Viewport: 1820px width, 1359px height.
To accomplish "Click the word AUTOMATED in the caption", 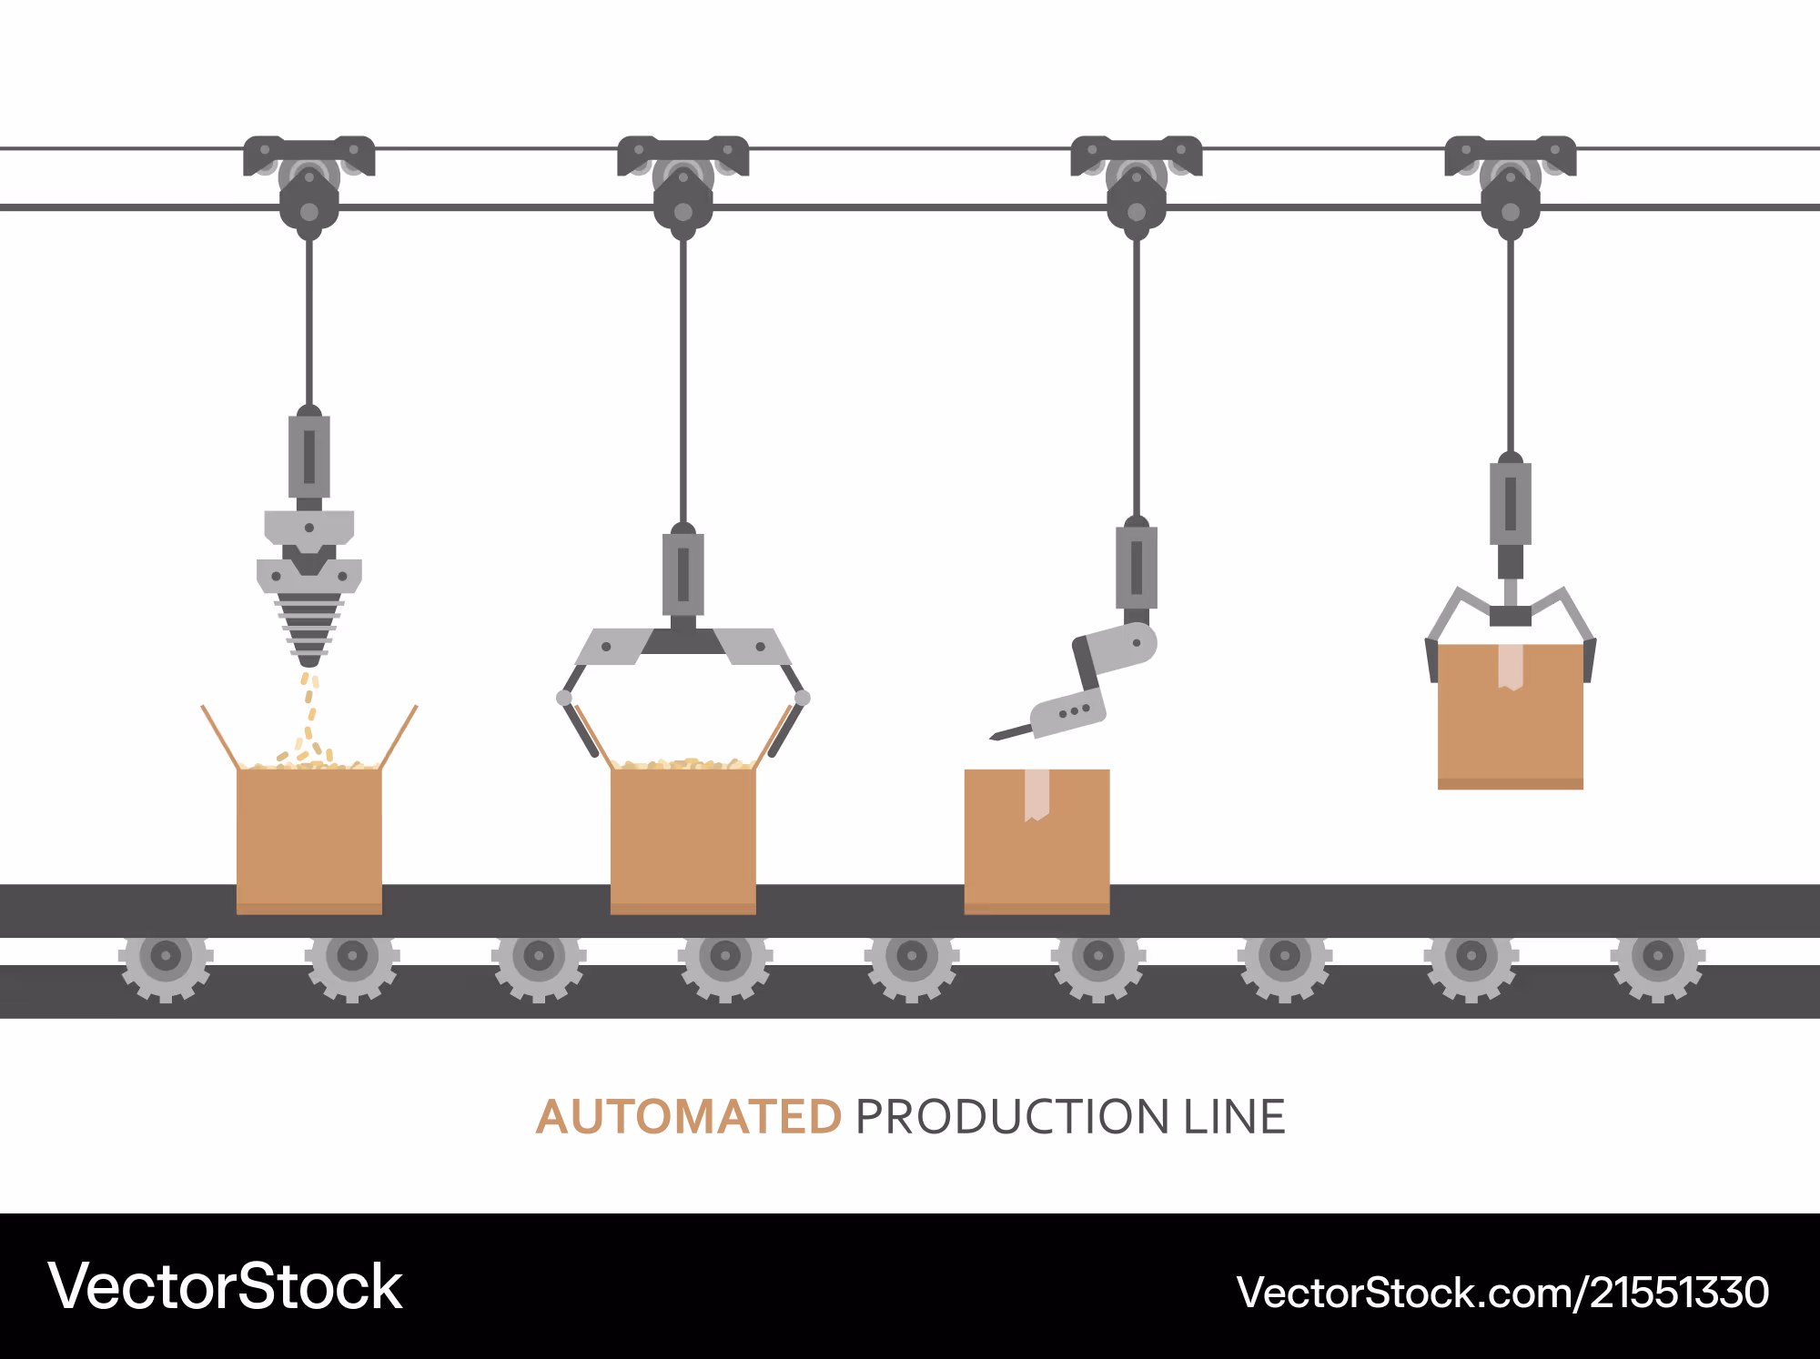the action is [689, 1117].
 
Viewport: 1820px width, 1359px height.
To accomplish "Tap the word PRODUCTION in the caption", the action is [1012, 1117].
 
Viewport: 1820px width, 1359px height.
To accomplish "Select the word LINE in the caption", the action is [1234, 1117].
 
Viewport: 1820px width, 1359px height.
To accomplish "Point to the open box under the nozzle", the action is [309, 839].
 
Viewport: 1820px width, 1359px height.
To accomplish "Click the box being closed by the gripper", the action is [683, 839].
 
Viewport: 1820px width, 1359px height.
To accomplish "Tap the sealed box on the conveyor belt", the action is [1036, 841].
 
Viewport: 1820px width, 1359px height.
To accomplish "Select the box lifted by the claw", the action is [1511, 716].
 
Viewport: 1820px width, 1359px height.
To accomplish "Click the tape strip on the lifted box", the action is [1511, 667].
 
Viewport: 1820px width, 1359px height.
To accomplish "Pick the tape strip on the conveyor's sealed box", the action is [1036, 794].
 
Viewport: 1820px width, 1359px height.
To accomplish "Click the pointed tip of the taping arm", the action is [992, 738].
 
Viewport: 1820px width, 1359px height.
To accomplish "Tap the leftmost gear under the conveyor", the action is [166, 956].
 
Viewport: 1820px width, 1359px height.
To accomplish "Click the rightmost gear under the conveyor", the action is [1658, 956].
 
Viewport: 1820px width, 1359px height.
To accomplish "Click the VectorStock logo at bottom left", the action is [225, 1286].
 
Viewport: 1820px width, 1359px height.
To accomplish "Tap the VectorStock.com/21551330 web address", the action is [1502, 1292].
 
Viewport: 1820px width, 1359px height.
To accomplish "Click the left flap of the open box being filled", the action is [220, 737].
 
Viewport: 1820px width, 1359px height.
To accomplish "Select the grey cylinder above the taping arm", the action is [1137, 567].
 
